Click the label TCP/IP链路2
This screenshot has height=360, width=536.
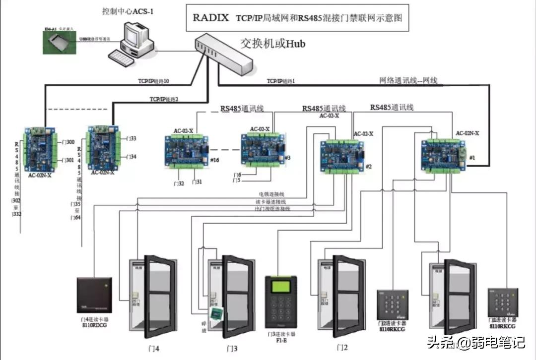pos(164,99)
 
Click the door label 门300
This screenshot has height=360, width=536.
pos(68,142)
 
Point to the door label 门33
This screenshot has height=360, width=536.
pos(132,139)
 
